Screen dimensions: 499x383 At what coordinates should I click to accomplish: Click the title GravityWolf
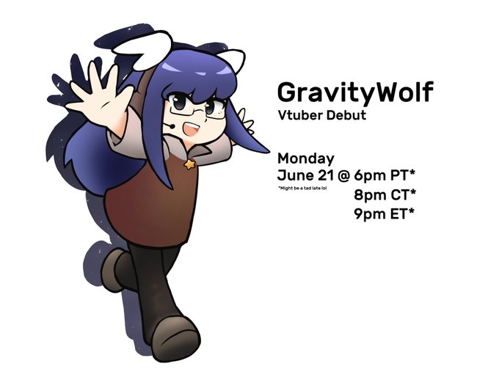pos(355,92)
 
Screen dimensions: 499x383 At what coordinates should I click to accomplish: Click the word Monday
pos(306,158)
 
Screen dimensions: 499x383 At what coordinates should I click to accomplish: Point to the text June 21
pos(306,175)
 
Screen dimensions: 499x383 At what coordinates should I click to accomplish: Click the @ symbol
pos(343,176)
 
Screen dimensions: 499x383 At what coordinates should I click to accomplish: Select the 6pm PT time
pos(385,175)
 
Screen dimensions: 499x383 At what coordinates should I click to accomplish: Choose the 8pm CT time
pos(385,194)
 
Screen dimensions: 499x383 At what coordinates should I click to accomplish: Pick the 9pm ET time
pos(385,214)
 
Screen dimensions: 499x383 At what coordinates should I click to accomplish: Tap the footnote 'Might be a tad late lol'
pos(302,188)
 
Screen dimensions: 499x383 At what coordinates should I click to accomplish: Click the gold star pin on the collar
pos(189,164)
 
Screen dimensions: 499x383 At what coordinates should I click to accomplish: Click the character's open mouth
pos(190,129)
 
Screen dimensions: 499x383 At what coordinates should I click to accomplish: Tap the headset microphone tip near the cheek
pos(172,126)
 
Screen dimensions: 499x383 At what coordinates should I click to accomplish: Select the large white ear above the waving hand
pos(143,51)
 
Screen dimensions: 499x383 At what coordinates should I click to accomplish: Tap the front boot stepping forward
pos(175,338)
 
